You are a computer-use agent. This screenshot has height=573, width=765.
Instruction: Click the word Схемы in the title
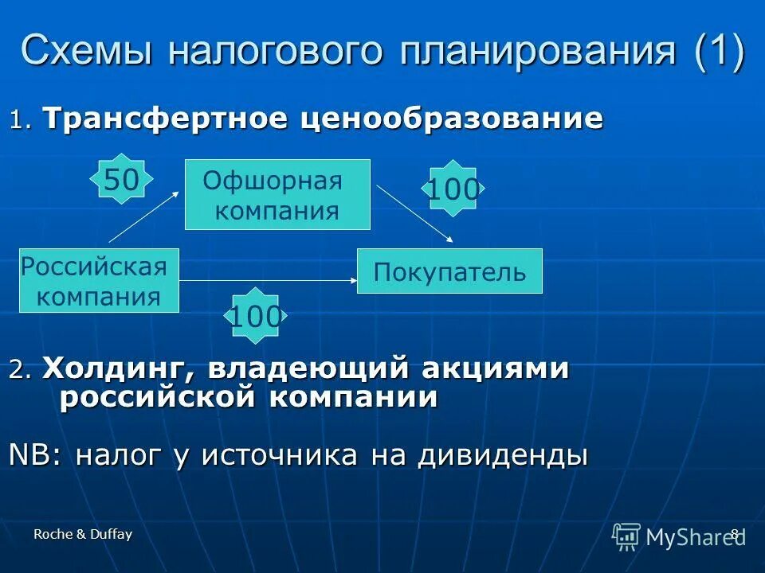tap(88, 51)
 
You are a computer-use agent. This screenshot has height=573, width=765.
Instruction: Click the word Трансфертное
tap(168, 119)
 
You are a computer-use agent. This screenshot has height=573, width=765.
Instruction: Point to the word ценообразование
tap(452, 119)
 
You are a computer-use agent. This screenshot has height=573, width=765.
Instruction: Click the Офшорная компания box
tap(277, 195)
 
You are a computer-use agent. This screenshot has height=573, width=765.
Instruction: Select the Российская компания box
tap(99, 280)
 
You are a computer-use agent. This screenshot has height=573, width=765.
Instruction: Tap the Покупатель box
tap(449, 271)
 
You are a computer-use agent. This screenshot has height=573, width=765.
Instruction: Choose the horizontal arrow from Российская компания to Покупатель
tap(268, 280)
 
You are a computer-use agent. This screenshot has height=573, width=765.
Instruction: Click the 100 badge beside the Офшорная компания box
tap(453, 189)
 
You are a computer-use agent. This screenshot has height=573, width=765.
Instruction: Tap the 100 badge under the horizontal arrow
tap(255, 317)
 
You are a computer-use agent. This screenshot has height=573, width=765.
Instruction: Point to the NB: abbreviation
tap(37, 455)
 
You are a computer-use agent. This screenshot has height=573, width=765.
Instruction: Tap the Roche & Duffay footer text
tap(83, 535)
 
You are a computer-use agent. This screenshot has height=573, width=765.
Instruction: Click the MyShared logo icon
tap(626, 536)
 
